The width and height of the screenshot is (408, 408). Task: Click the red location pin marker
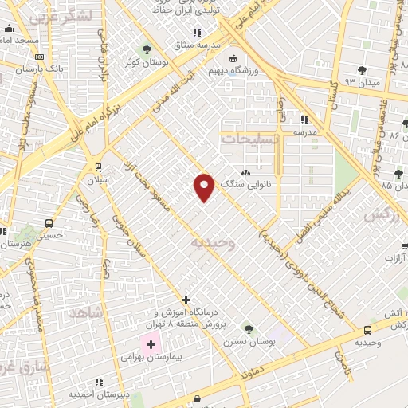[x=204, y=186]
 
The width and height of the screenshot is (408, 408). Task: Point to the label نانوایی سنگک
[x=273, y=183]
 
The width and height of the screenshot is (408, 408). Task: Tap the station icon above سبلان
[x=98, y=168]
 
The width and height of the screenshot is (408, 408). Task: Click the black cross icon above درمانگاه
[x=186, y=300]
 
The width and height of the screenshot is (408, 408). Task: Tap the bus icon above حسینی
[x=49, y=224]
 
